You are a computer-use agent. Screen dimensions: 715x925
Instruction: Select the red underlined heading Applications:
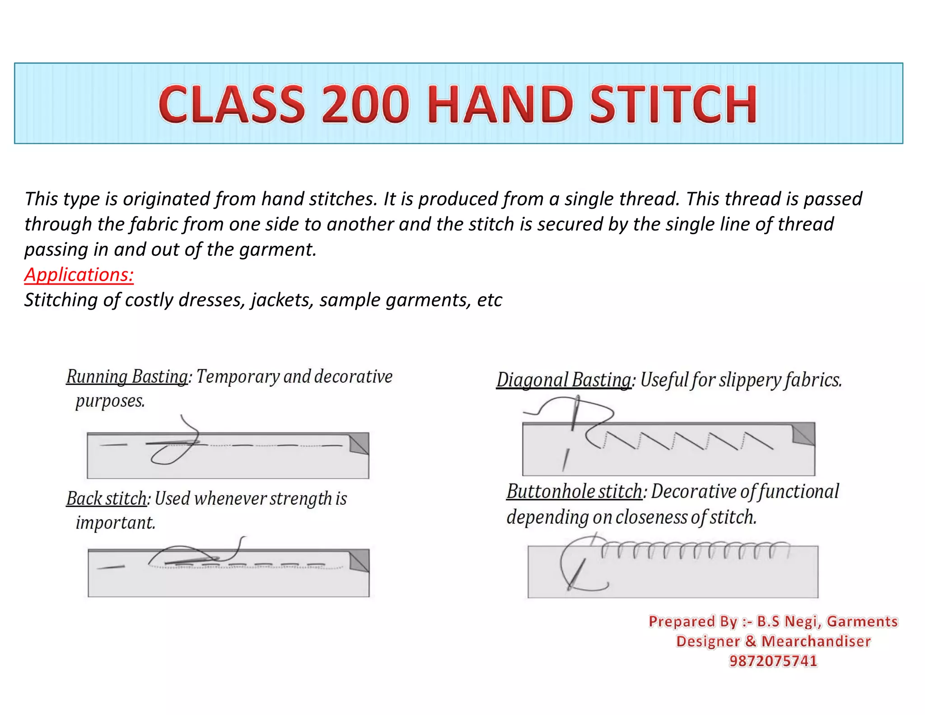(79, 275)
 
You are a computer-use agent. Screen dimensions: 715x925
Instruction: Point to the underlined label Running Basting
(127, 376)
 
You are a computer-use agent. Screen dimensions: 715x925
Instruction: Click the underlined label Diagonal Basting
(564, 380)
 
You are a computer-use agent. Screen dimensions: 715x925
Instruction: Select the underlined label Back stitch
(106, 499)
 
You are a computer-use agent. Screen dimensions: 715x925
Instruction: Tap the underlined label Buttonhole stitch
(574, 491)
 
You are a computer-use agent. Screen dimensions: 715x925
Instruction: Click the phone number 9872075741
(773, 661)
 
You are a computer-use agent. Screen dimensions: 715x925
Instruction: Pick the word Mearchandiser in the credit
(816, 641)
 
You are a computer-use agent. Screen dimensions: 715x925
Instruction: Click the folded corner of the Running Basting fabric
(359, 443)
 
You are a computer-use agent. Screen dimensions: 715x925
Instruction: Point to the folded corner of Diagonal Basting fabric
(804, 434)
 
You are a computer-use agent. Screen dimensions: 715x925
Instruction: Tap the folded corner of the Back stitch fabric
(360, 561)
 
